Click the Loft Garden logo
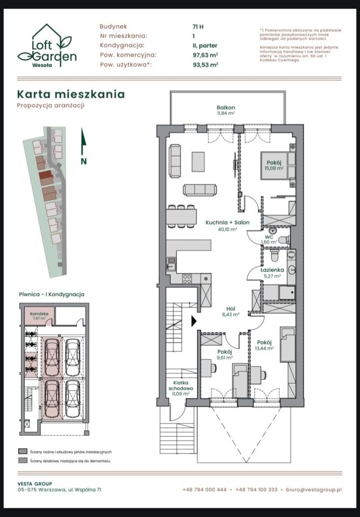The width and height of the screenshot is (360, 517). (47, 45)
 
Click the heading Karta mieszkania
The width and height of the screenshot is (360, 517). (70, 94)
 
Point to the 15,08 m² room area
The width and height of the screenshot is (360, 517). (274, 168)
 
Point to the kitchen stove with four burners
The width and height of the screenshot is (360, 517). (188, 278)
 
